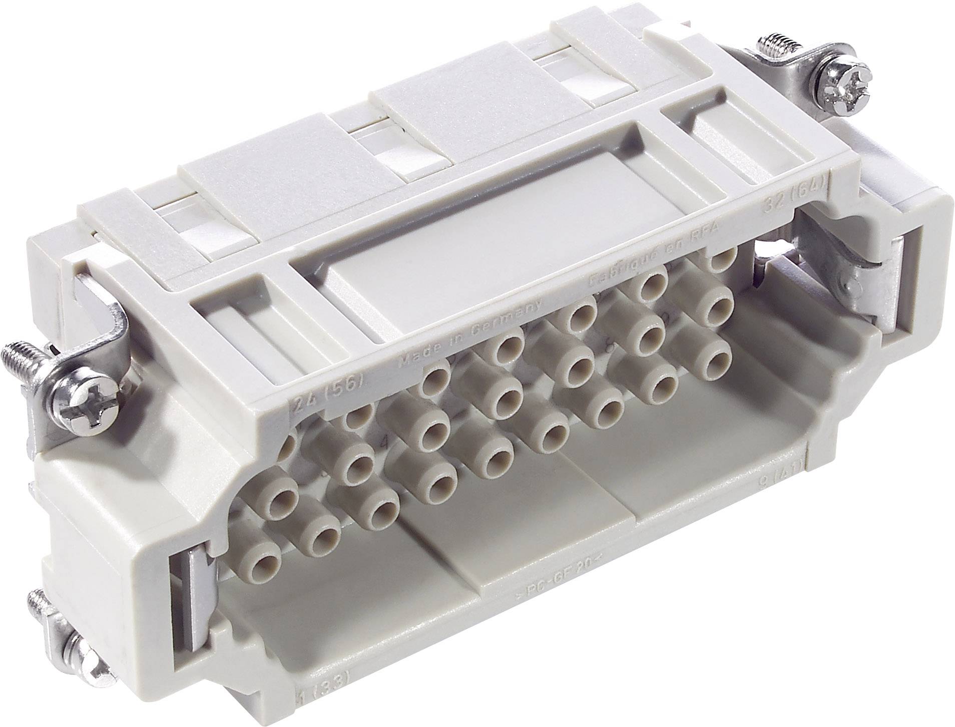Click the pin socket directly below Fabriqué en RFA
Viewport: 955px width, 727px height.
click(x=651, y=288)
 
